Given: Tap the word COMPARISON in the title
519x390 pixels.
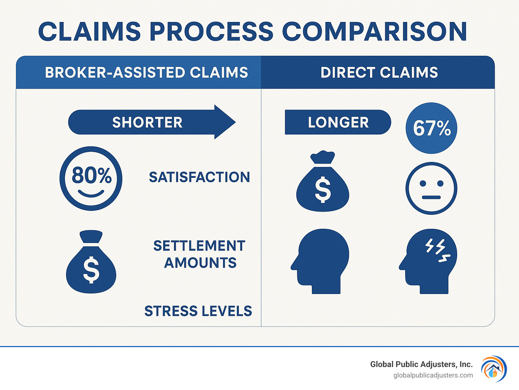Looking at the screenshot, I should coord(374,31).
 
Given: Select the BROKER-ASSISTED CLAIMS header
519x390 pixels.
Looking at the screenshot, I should coord(146,73).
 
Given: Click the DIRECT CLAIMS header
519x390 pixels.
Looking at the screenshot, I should coord(379,73).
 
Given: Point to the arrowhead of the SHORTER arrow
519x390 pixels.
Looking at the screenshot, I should coord(224,122).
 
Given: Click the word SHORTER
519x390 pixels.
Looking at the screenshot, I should coord(147,122).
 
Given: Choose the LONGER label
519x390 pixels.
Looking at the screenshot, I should coord(338,122).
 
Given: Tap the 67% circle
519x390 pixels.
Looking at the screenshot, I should coord(431,128).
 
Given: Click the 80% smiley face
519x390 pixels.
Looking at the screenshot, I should coord(91,178).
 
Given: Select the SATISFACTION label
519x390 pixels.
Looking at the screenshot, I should coord(199,177).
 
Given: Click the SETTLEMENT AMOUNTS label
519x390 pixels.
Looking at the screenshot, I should coord(200,254).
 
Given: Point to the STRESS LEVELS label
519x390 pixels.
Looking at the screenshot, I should coord(198,311).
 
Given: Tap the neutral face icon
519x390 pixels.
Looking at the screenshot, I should coord(431,188).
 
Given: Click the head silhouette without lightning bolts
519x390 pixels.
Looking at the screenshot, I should coord(321,261).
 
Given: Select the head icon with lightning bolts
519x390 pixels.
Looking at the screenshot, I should coord(429,261).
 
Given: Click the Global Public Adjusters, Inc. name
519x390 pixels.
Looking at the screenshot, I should coord(421,364).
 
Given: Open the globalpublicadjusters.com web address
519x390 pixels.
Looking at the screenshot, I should coord(433,375).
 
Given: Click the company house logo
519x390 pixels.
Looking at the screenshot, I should coord(494,369).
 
